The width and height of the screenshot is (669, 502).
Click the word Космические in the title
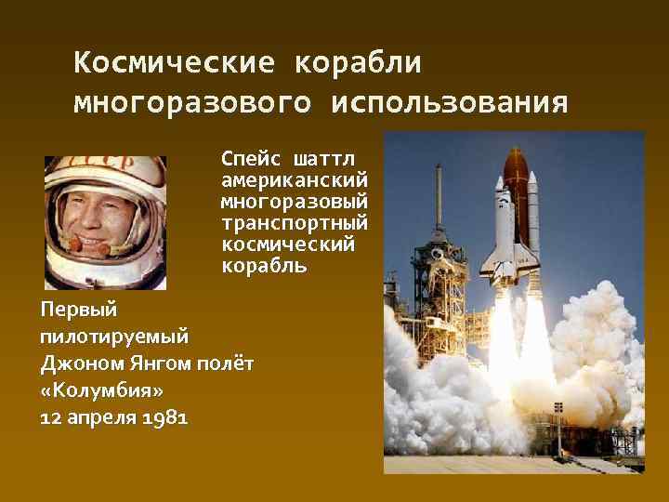click(x=174, y=62)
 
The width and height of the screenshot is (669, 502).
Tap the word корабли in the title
click(x=358, y=62)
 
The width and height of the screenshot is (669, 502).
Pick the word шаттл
click(x=328, y=155)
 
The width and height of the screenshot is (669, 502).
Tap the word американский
click(x=294, y=178)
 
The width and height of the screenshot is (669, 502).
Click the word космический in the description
click(x=288, y=244)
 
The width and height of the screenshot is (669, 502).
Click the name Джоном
click(x=80, y=361)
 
